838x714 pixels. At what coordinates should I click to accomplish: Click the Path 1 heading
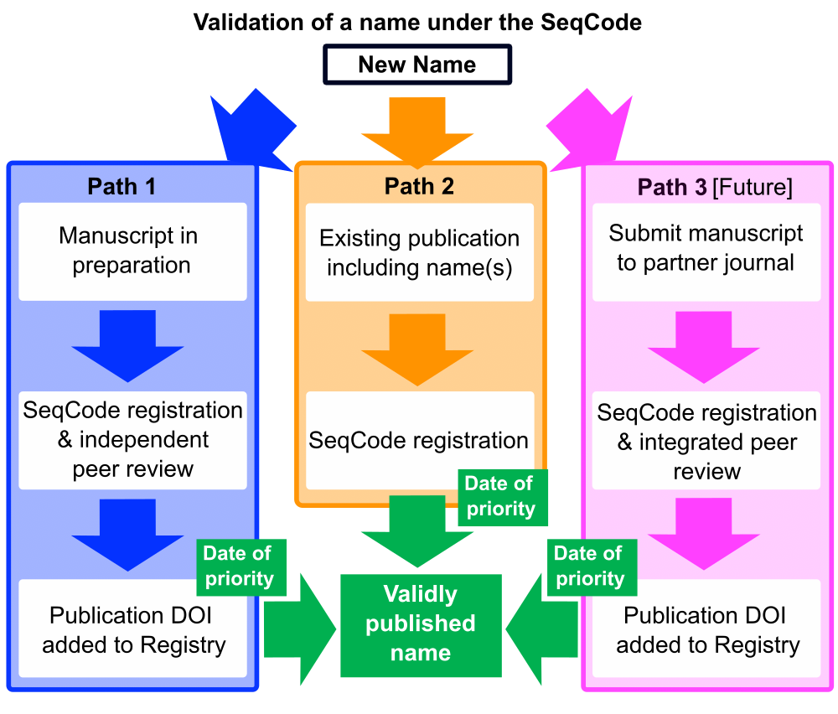point(122,186)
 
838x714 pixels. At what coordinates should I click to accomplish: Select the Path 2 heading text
point(419,186)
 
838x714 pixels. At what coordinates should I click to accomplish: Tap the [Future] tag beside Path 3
point(752,187)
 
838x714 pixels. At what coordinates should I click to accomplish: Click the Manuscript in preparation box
point(132,251)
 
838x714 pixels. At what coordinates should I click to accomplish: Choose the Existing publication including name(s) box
point(419,252)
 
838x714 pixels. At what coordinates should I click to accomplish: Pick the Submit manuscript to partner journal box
point(706,249)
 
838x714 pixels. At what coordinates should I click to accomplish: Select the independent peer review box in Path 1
point(132,440)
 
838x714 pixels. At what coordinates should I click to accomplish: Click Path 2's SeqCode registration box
point(419,440)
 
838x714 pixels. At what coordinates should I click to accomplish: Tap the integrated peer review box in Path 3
point(706,442)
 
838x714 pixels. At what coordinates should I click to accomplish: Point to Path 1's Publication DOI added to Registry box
point(132,629)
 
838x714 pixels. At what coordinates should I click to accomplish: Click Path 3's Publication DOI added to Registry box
point(706,629)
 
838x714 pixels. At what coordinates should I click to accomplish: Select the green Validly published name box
point(420,624)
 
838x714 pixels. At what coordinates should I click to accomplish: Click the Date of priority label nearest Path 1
point(239,567)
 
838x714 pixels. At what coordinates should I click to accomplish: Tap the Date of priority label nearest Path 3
point(589,567)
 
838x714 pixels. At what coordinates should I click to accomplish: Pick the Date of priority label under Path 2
point(500,496)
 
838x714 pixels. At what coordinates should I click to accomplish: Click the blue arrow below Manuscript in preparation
point(127,344)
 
